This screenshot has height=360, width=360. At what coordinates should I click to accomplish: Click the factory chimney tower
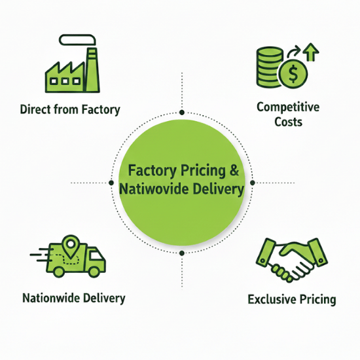[x=93, y=70]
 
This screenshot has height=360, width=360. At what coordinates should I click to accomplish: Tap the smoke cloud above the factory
[x=77, y=40]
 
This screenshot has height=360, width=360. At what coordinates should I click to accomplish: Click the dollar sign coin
[x=293, y=74]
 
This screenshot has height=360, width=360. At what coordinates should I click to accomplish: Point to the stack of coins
[x=269, y=67]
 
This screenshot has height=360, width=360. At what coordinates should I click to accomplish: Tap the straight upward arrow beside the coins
[x=311, y=52]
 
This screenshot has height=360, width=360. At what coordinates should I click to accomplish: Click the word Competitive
[x=288, y=107]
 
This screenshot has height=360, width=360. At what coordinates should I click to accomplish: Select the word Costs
[x=289, y=122]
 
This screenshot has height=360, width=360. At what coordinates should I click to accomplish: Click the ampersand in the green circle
[x=234, y=170]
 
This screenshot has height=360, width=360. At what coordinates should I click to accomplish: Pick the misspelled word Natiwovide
[x=154, y=189]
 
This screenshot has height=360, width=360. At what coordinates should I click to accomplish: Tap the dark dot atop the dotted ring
[x=182, y=113]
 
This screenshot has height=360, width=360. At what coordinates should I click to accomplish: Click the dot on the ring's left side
[x=111, y=183]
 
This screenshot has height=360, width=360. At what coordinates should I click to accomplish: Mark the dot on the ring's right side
[x=253, y=183]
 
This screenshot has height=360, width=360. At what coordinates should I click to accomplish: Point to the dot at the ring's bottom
[x=182, y=253]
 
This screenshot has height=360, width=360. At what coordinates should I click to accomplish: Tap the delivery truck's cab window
[x=96, y=255]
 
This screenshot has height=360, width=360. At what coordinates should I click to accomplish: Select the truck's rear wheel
[x=58, y=272]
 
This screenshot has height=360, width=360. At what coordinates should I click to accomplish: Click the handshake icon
[x=292, y=260]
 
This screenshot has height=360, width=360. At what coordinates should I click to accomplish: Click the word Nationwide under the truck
[x=51, y=298]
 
